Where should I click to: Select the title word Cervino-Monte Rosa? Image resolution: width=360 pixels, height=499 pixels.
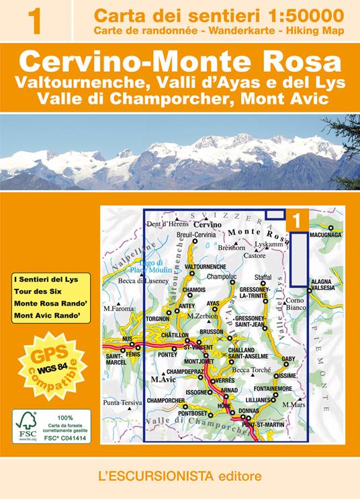tap(179, 61)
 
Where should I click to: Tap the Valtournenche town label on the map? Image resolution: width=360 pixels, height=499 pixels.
tap(202, 267)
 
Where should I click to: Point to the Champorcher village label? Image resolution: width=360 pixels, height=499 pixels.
tap(165, 400)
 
